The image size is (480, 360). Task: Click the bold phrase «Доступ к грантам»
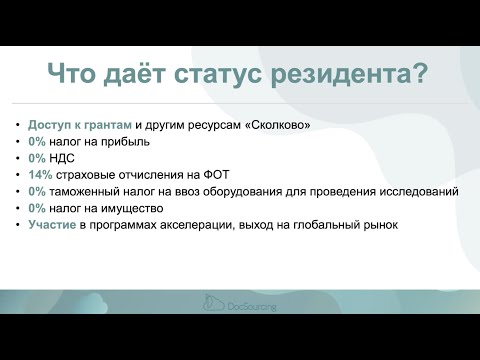pyautogui.click(x=80, y=125)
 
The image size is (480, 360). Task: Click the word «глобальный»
pyautogui.click(x=331, y=225)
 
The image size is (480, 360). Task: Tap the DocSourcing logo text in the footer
pyautogui.click(x=251, y=307)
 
